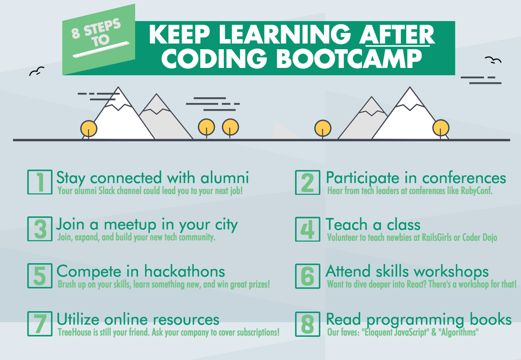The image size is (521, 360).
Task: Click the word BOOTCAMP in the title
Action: coord(349,59)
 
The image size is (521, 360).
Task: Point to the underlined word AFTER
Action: coord(397,35)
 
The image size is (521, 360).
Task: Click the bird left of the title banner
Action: coord(37,71)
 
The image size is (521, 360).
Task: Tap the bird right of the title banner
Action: coord(493,60)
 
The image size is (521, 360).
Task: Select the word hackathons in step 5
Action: coord(185,271)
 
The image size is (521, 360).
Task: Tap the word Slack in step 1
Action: coord(107,190)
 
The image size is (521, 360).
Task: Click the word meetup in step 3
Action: coord(130,225)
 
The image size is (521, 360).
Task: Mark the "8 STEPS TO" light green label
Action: coord(99,39)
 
